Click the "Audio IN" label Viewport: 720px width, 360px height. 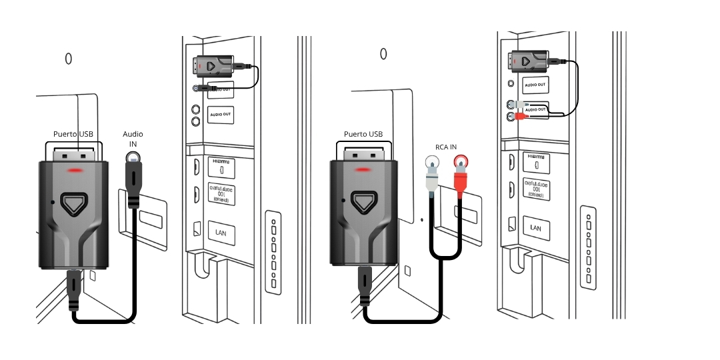coord(133,139)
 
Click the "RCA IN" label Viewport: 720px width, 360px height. coord(445,147)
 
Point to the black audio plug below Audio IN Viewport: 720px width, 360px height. coord(134,187)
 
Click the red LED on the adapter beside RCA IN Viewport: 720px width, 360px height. coord(364,170)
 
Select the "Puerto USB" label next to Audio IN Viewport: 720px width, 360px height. coord(73,134)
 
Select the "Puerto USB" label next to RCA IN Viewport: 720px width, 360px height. coord(363,134)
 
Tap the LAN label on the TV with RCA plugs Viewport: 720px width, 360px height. coord(536,227)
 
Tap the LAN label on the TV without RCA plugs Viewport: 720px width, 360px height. coord(221,231)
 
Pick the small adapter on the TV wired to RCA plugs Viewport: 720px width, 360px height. coord(531,61)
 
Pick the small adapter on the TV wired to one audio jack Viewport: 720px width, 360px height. coord(214,65)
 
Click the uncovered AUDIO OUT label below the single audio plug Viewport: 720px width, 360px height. coord(220,115)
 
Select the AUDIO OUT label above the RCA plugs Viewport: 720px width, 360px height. coord(535,85)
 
